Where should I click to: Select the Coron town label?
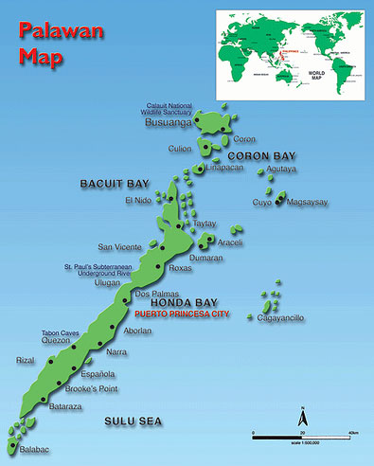point(244,138)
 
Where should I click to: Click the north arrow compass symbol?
point(301,416)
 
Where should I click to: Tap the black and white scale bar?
point(304,435)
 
